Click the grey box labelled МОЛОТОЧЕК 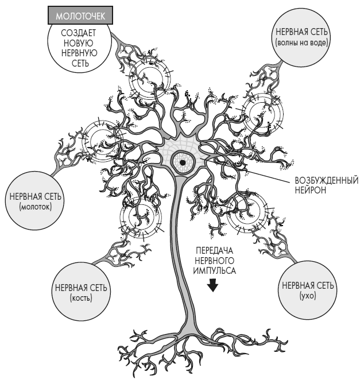[x=75, y=15]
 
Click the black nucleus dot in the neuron [x=183, y=163]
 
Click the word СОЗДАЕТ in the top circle [x=75, y=33]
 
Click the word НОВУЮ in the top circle [x=75, y=43]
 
